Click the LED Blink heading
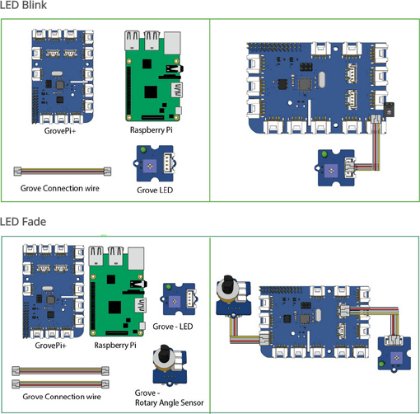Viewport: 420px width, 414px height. [x=24, y=7]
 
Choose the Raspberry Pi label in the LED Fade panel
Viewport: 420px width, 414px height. [x=117, y=345]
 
